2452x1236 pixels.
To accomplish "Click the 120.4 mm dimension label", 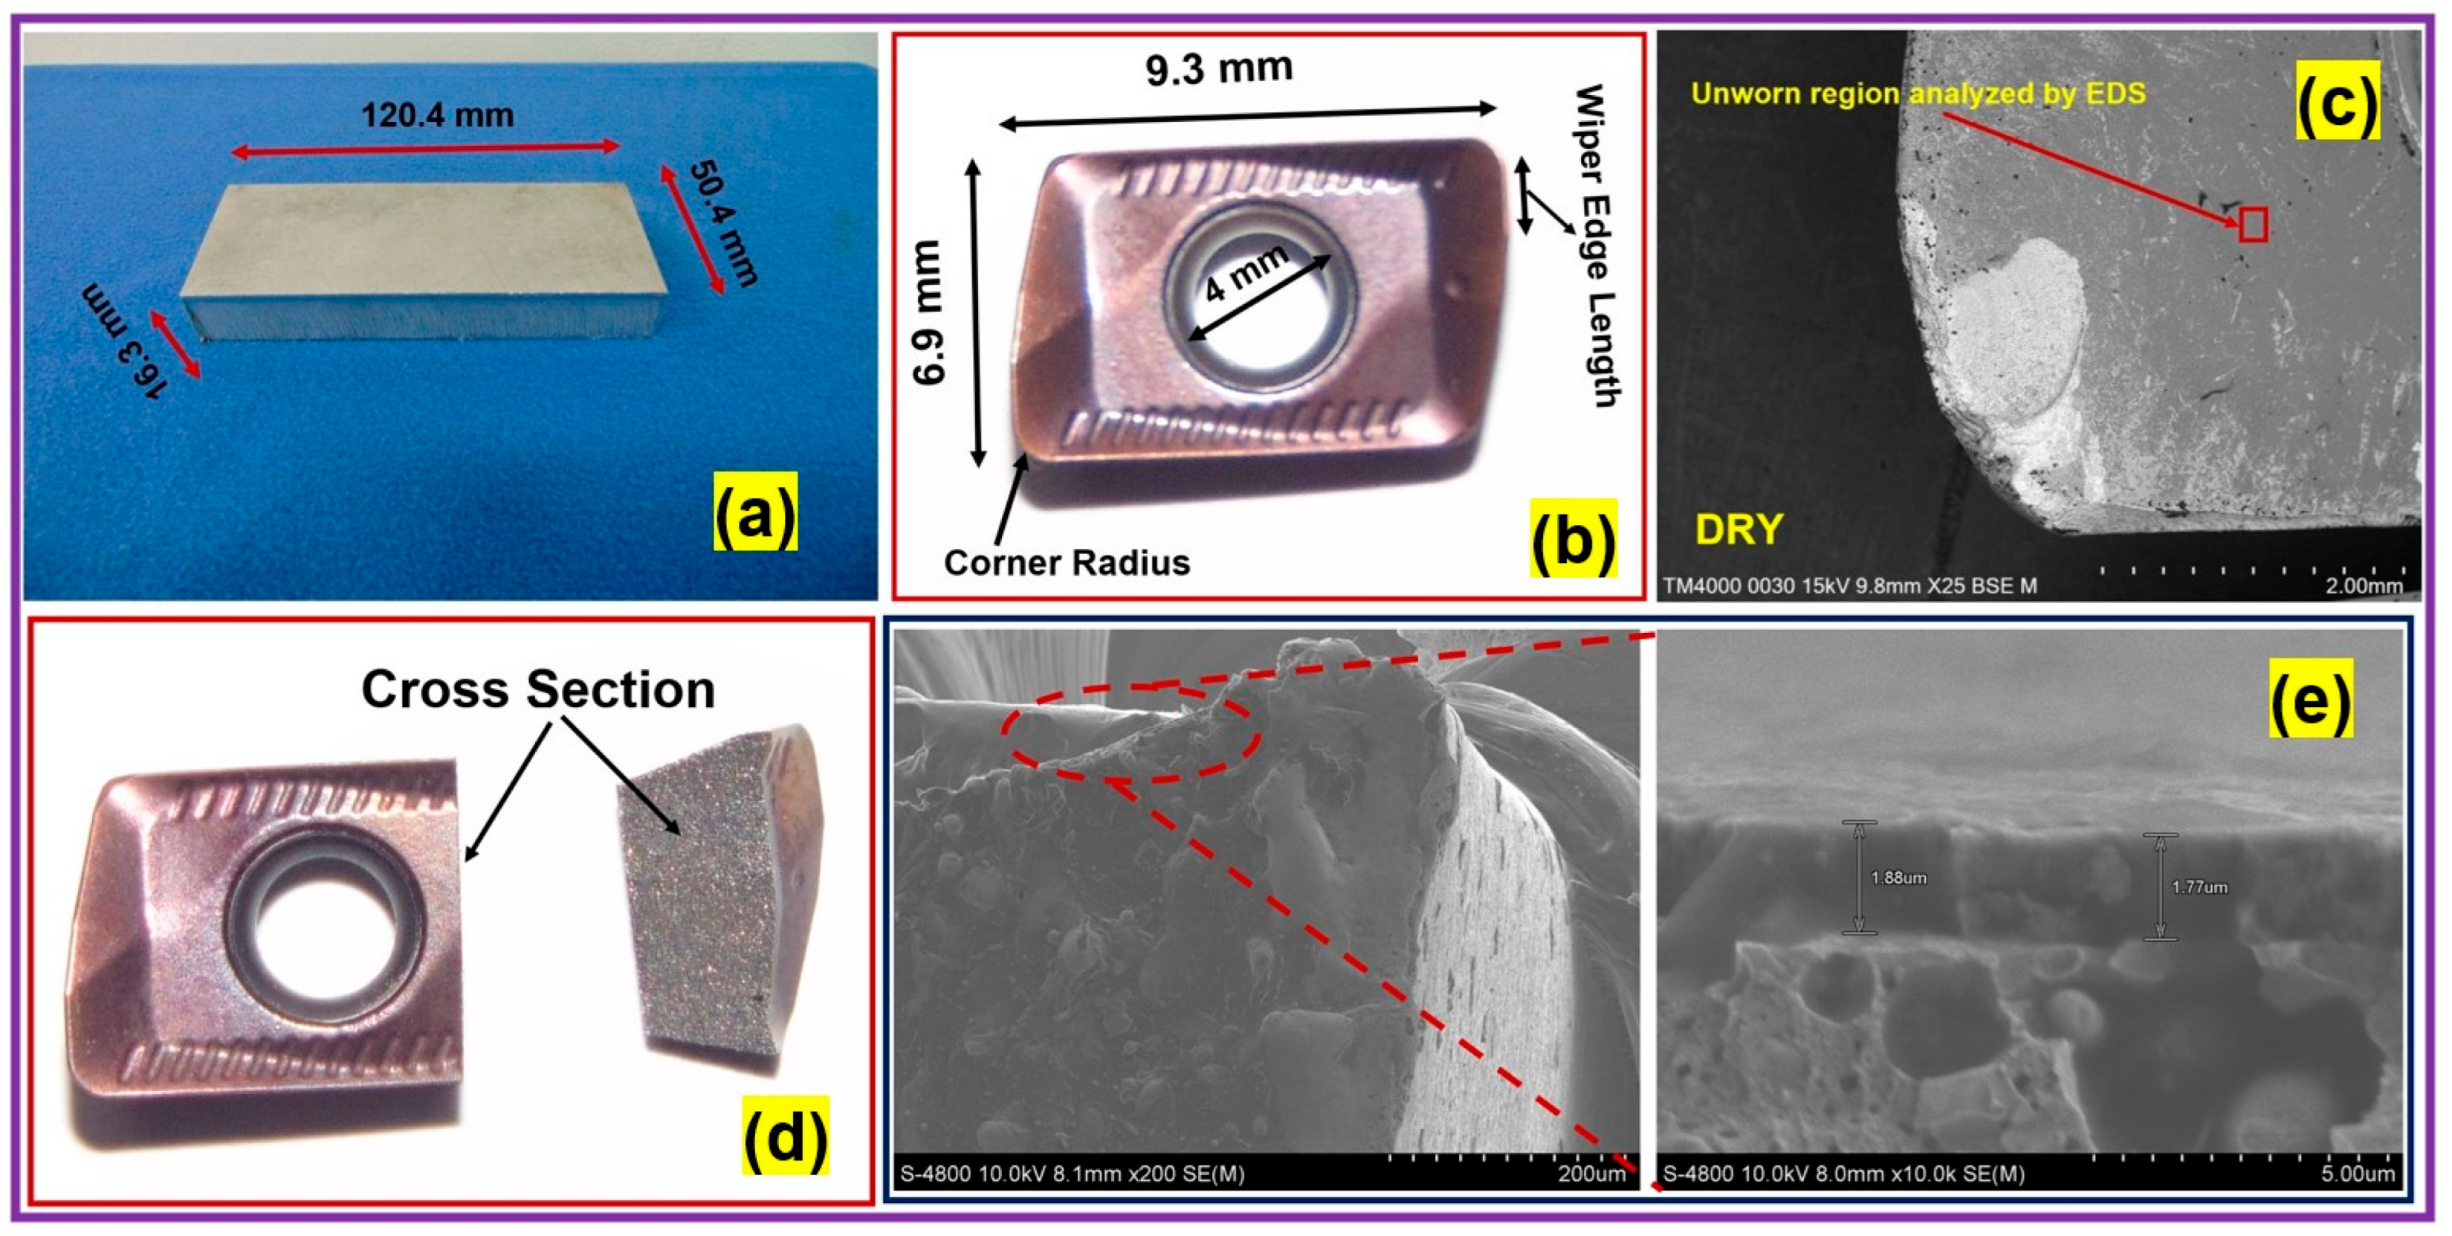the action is [x=437, y=115].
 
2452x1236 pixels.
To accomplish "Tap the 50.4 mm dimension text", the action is [x=723, y=224].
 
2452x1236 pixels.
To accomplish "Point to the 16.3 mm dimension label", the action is [x=123, y=340].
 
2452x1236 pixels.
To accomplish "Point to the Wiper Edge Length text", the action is [x=1597, y=245].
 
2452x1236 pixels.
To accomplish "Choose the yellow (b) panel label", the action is [x=1573, y=540].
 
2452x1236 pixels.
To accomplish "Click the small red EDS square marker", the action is [x=2252, y=225].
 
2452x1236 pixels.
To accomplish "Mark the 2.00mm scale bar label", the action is [x=2364, y=585].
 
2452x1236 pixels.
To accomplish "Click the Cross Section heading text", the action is [x=538, y=689].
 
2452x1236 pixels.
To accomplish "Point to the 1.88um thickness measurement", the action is [x=1898, y=878].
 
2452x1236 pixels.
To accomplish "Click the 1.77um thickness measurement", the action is [x=2199, y=887].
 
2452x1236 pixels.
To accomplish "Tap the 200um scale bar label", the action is [x=1591, y=1173].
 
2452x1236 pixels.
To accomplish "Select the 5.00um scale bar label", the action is [x=2357, y=1173].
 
